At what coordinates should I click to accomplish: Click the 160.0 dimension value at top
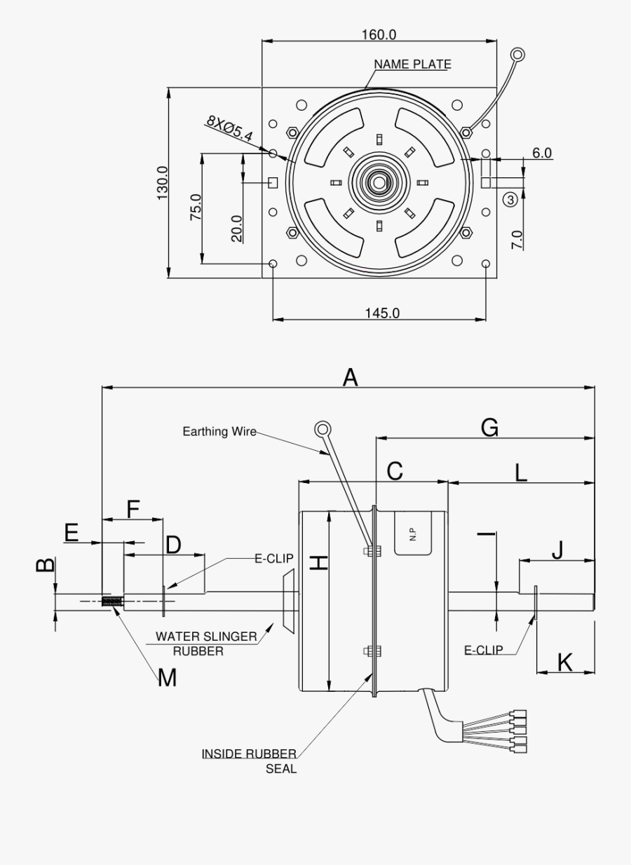point(379,34)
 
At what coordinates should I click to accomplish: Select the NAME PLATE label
point(412,64)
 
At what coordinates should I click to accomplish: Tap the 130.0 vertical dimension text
point(163,183)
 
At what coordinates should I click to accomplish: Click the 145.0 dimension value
point(381,313)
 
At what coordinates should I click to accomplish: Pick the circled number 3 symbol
point(510,200)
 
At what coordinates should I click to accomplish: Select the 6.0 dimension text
point(542,153)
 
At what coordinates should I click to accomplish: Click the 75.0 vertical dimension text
point(196,208)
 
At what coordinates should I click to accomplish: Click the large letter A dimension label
point(350,378)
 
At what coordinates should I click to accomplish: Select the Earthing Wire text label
point(219,431)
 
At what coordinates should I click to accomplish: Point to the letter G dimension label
point(489,427)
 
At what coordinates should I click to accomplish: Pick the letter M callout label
point(166,678)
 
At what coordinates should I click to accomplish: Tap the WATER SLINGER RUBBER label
point(205,643)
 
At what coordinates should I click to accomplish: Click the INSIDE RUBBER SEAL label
point(250,761)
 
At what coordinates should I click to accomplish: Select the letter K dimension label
point(565,661)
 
